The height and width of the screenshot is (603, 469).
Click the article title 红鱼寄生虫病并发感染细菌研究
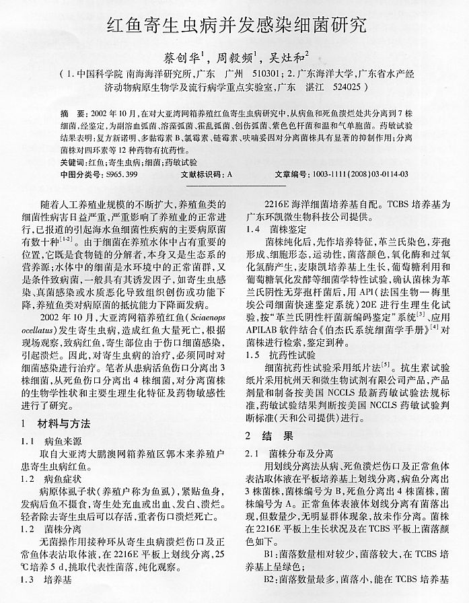236,26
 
